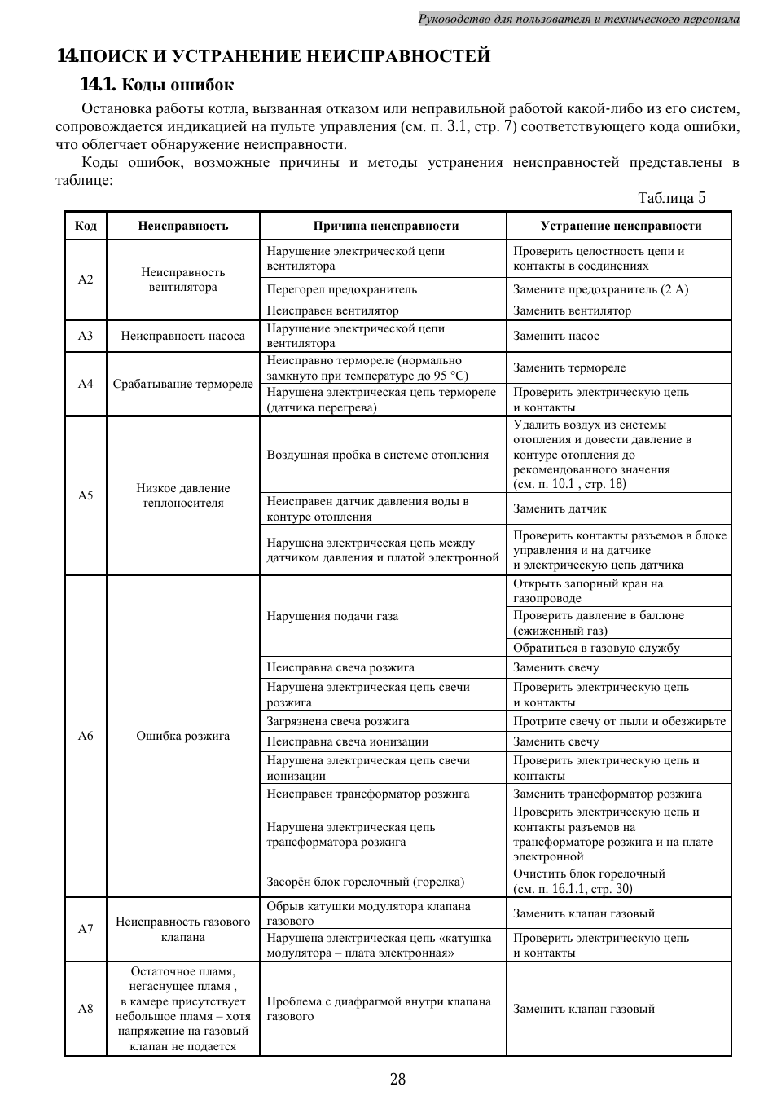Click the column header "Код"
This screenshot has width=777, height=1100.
point(86,226)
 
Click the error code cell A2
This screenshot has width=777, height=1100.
point(86,279)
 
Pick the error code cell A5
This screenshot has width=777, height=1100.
point(86,495)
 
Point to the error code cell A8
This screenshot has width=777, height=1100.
point(86,1009)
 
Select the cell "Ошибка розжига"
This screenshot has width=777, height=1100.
point(182,736)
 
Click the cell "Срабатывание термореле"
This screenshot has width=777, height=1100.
point(182,384)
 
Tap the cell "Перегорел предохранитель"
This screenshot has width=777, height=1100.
point(342,289)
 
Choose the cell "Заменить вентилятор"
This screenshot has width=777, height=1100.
point(572,310)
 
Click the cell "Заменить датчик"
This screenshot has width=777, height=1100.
point(560,508)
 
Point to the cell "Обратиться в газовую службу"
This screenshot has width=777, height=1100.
point(596,648)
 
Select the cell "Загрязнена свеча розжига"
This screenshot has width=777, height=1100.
point(338,721)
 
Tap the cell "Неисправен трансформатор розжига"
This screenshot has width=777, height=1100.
point(368,794)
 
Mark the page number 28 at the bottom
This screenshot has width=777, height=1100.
point(397,1080)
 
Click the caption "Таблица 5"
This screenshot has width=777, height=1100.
point(671,198)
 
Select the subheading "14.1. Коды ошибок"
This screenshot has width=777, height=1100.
point(156,85)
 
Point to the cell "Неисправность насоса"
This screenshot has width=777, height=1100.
point(182,336)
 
